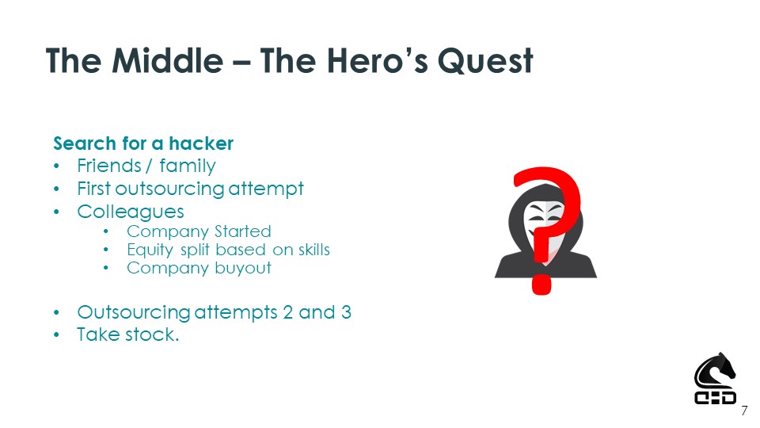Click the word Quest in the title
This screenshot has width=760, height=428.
(485, 61)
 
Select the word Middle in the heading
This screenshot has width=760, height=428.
(168, 61)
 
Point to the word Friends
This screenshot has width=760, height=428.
(109, 166)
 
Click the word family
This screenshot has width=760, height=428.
(188, 166)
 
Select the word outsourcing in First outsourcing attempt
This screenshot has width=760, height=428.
(169, 189)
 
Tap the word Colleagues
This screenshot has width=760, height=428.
(131, 212)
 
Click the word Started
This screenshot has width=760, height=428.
(242, 231)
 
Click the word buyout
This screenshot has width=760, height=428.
(243, 269)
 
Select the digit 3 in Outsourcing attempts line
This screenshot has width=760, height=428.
(346, 312)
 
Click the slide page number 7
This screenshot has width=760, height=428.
(744, 411)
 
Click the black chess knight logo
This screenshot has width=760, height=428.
(715, 379)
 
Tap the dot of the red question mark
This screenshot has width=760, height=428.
(541, 285)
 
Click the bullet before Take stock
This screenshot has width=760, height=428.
(57, 334)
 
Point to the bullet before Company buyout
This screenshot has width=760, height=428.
(106, 269)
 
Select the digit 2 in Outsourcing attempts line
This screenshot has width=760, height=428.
(287, 312)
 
